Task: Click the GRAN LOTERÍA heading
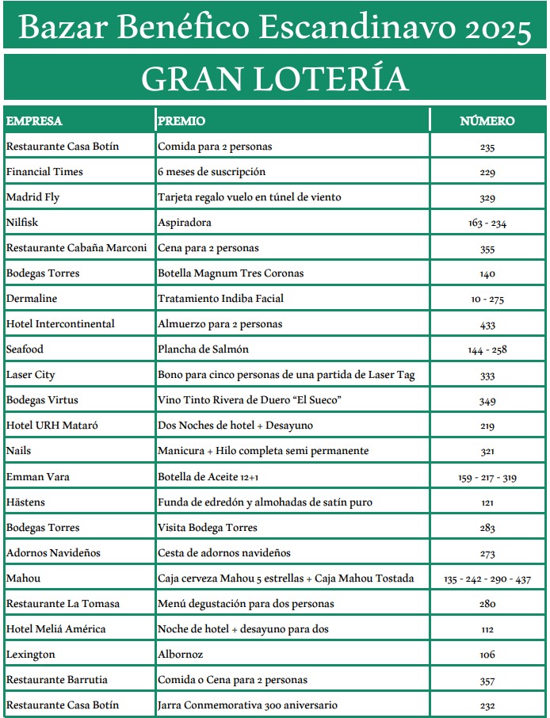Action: [274, 78]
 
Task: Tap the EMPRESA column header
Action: [34, 121]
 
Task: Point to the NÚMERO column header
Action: [487, 121]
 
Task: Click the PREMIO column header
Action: [181, 121]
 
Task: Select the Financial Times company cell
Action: [44, 172]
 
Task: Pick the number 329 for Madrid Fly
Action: [487, 198]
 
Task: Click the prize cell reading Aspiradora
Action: [185, 223]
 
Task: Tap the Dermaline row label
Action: [32, 299]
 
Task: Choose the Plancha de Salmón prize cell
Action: [204, 349]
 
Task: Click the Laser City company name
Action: [31, 375]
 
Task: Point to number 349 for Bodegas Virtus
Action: [487, 401]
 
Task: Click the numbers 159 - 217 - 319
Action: [487, 477]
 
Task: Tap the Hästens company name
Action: [27, 502]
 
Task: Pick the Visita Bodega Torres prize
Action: [208, 527]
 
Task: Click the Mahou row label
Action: [23, 578]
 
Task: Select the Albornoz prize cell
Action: [181, 654]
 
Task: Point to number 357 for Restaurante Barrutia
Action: [487, 680]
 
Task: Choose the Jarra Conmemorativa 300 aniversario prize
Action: [247, 705]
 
